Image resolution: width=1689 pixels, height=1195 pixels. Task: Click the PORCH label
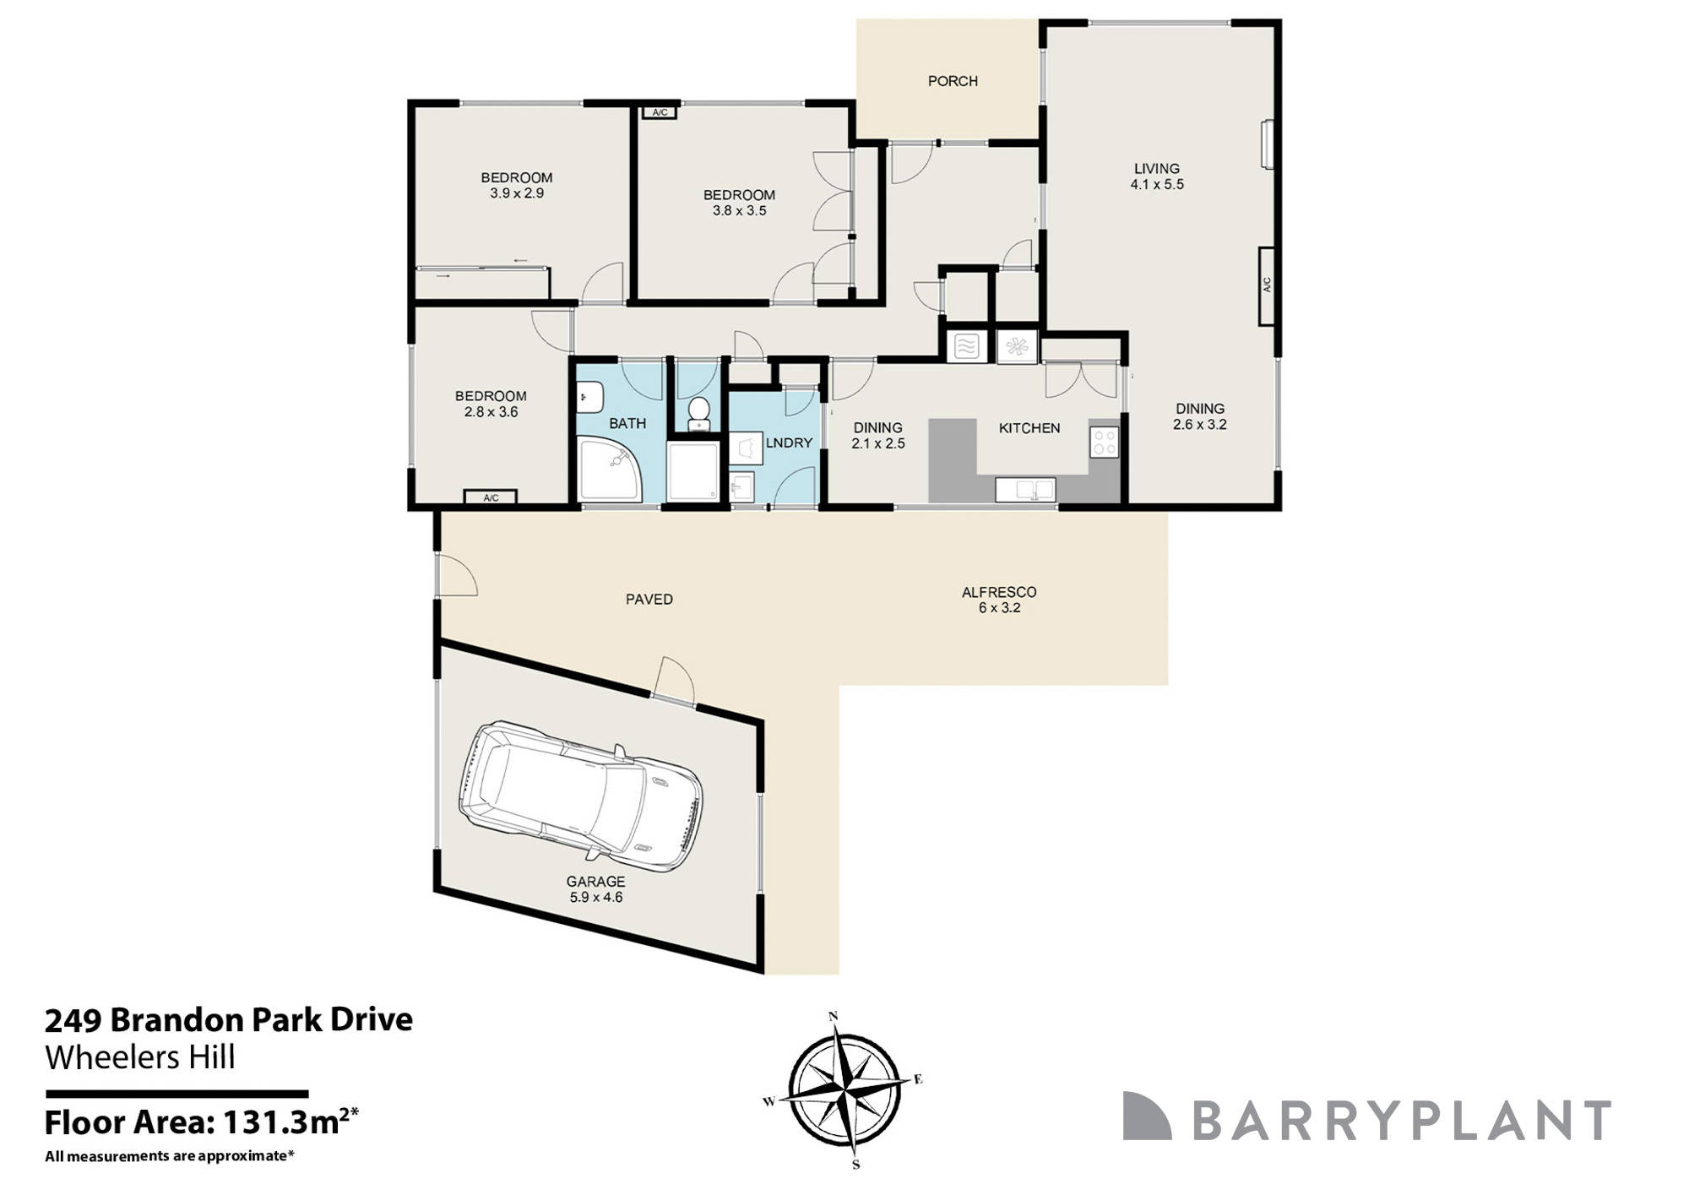pos(953,81)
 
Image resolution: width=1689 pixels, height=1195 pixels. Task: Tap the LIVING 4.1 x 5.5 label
pos(1157,177)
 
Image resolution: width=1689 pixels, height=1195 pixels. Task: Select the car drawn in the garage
pos(580,796)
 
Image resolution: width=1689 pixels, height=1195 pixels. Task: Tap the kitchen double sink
pos(1025,490)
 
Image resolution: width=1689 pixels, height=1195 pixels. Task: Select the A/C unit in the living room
pos(1267,285)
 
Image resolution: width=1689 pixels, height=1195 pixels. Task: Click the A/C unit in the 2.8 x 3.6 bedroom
pos(491,498)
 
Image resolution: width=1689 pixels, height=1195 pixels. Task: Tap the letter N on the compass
pos(834,1016)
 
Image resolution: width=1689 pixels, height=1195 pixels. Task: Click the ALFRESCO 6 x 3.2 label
pos(999,600)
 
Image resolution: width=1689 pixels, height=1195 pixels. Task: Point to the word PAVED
pos(649,600)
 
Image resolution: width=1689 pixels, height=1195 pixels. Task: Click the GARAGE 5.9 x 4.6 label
pos(596,889)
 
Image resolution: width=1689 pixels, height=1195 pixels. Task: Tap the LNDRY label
pos(789,443)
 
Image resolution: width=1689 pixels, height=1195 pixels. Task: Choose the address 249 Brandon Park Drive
pos(229,1020)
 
